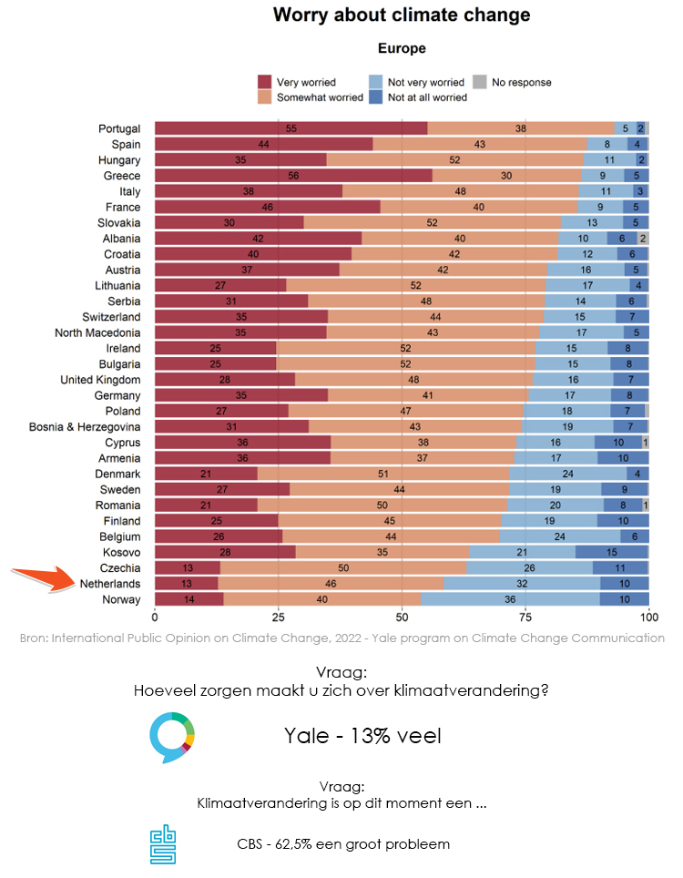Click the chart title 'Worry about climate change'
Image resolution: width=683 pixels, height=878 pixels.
coord(401,15)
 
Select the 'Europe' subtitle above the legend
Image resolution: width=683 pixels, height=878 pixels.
coord(402,48)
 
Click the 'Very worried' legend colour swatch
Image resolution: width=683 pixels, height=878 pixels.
coord(265,82)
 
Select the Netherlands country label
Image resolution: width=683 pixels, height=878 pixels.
coord(110,583)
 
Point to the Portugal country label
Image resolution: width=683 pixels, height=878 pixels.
coord(119,128)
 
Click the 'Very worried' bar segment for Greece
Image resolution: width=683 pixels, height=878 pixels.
coord(292,176)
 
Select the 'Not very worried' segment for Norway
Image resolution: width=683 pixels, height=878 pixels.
coord(510,598)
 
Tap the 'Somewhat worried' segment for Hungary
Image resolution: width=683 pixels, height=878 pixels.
coord(454,160)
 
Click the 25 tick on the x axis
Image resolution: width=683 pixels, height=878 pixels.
coord(278,617)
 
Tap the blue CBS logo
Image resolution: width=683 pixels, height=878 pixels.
coord(164,845)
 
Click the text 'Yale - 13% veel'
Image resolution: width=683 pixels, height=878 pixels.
coord(362,735)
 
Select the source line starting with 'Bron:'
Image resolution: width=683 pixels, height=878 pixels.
coord(341,638)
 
